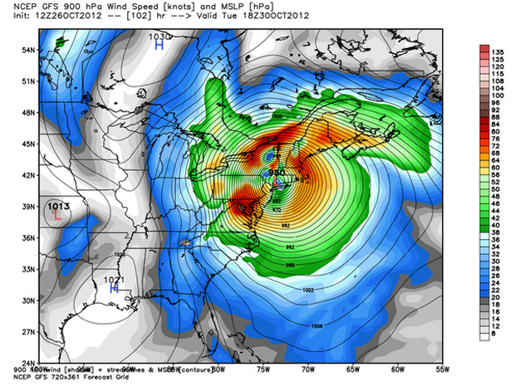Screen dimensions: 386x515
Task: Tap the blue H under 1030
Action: coord(159,47)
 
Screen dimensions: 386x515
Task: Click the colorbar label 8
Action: coord(498,337)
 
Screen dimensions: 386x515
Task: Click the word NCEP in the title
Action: coord(24,7)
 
